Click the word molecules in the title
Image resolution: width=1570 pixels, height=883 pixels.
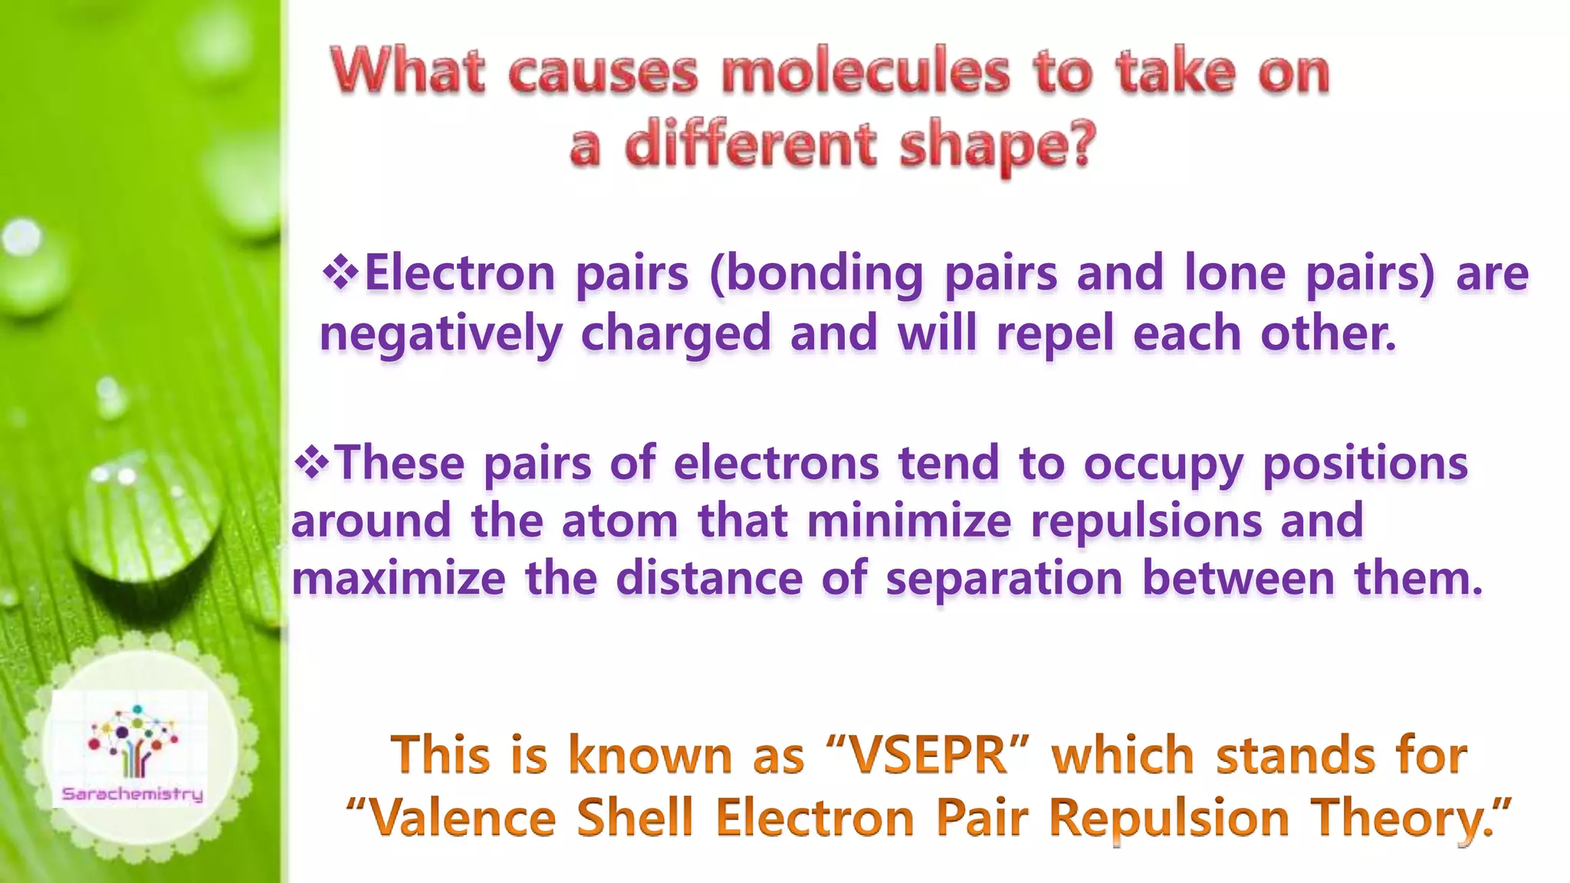tap(865, 72)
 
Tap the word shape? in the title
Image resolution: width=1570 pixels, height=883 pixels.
tap(997, 146)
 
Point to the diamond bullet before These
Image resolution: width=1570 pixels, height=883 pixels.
tap(311, 462)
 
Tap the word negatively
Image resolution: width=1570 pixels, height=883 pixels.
tap(441, 334)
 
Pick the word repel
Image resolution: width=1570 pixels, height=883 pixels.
tap(1054, 334)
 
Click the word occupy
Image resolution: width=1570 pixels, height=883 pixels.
tap(1162, 464)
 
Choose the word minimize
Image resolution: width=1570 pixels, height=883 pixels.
tap(909, 520)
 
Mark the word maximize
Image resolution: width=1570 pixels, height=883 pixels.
tap(399, 578)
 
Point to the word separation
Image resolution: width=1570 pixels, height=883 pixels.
tap(1004, 578)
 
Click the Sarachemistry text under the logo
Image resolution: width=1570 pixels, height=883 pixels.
tap(133, 794)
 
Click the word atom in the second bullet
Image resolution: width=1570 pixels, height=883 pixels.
tap(619, 520)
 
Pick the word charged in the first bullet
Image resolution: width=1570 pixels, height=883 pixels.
tap(675, 334)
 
